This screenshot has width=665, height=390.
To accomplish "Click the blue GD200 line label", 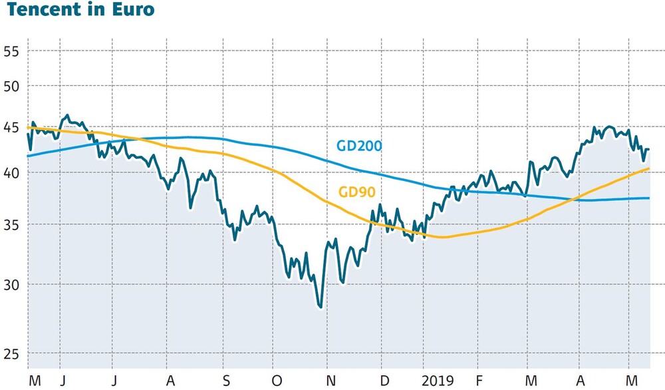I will coord(358,146).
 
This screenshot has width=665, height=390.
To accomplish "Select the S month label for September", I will coord(226,381).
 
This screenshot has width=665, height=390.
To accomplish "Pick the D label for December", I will coord(384,381).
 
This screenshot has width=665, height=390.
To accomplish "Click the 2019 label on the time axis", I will coord(438,381).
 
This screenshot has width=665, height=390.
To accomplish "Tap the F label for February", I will coord(479,381).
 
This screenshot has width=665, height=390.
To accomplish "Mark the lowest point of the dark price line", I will coord(321,307).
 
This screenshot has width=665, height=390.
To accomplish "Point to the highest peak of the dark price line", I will coord(66,116).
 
